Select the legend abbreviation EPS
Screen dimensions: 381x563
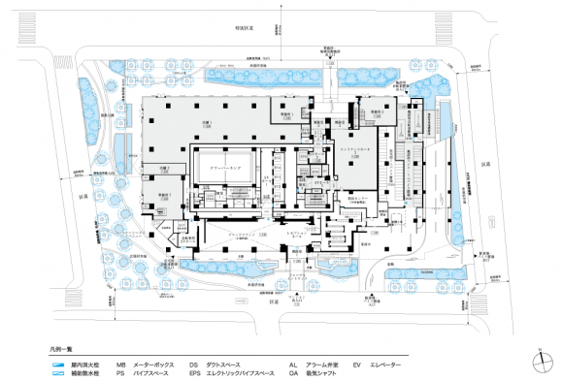tap(195, 371)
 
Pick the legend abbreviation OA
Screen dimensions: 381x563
tap(292, 371)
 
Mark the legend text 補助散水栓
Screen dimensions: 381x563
tap(84, 371)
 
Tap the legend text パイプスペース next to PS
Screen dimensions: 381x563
tap(150, 371)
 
